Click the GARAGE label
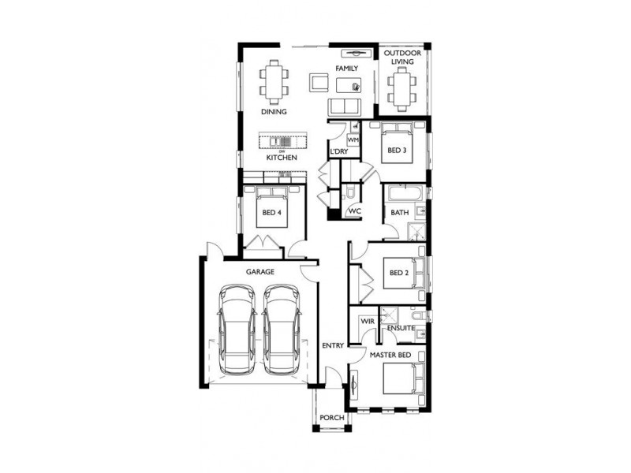(x=259, y=271)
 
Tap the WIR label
(x=367, y=322)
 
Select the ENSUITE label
(x=400, y=327)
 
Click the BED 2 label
(x=400, y=274)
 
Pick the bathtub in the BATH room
(x=405, y=192)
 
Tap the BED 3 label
(x=397, y=150)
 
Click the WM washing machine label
(x=353, y=140)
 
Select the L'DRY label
(x=338, y=151)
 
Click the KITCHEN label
(x=281, y=158)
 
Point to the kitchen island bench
(x=281, y=142)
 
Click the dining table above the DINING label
(x=274, y=82)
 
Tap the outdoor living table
(x=402, y=87)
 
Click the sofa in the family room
(x=344, y=106)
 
